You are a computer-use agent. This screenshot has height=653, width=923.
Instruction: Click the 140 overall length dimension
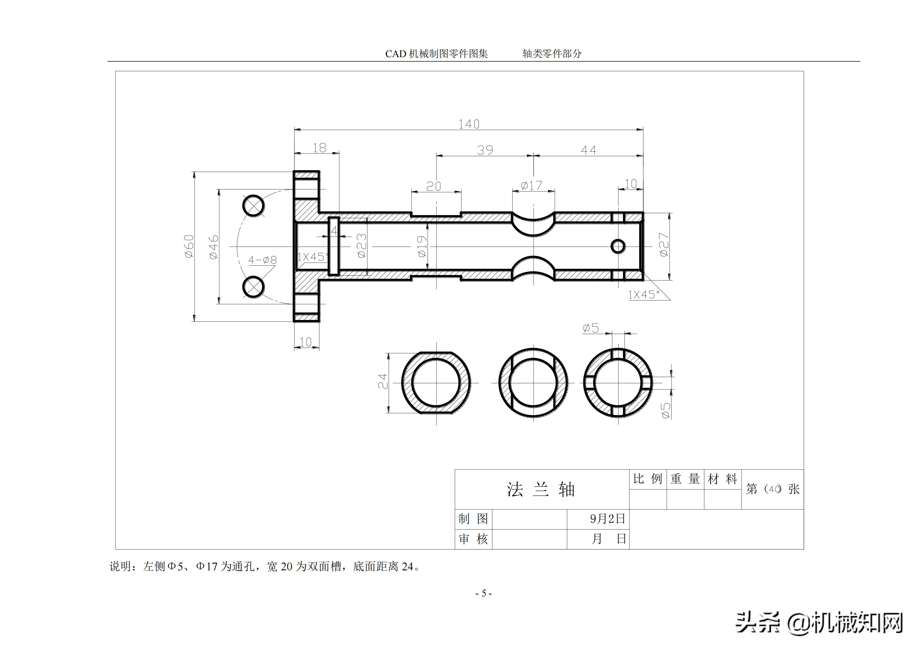tap(469, 124)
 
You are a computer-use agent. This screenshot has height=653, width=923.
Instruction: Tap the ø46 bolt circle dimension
tap(213, 247)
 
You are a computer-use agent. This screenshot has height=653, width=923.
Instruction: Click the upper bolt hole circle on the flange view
tap(254, 206)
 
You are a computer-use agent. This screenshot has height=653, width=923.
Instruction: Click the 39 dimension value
tap(485, 150)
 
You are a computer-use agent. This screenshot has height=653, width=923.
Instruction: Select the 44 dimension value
tap(589, 150)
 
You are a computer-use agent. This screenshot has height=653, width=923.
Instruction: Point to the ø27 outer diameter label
tap(664, 245)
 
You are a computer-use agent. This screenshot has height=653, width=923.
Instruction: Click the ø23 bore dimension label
tap(362, 245)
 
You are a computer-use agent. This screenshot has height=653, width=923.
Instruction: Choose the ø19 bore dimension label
tap(421, 246)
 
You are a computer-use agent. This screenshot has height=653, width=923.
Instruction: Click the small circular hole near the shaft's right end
tap(618, 246)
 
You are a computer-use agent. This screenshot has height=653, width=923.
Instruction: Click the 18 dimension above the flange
tap(320, 148)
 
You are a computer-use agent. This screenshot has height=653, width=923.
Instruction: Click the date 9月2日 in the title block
tap(608, 519)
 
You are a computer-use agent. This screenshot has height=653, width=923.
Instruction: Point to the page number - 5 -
tap(484, 593)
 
